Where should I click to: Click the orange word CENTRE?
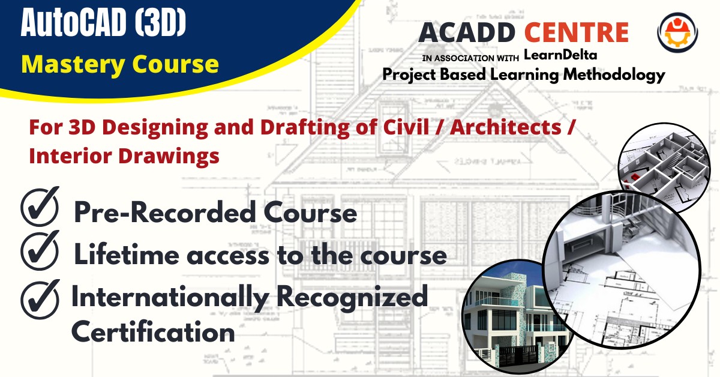tap(577, 32)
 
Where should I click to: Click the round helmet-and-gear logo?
tap(677, 32)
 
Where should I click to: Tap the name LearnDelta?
tap(560, 55)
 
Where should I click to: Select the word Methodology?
tap(607, 74)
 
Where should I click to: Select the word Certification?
tap(153, 331)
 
